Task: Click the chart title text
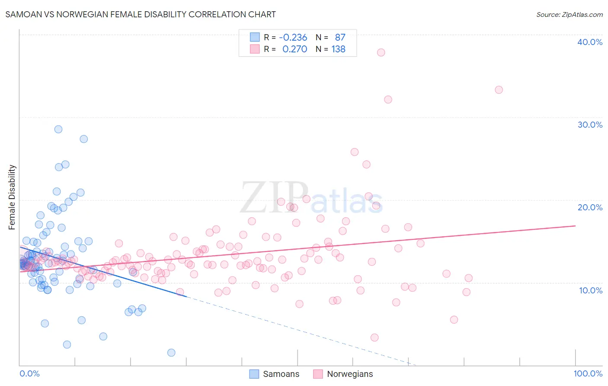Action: (141, 14)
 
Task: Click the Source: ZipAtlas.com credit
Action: (569, 14)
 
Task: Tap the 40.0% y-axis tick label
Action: (590, 42)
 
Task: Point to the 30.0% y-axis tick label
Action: (590, 125)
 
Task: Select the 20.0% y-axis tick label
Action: (590, 207)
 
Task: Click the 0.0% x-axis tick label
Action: (29, 373)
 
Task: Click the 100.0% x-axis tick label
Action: (588, 373)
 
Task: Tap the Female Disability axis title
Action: (12, 197)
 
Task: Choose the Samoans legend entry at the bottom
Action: (275, 374)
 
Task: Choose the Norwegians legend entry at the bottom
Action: (343, 374)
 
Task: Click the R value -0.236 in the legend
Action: (293, 37)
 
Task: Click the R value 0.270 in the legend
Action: (294, 49)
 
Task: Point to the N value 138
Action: (338, 49)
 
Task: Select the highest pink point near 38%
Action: (381, 52)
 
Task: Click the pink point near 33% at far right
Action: (499, 90)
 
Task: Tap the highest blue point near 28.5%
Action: (58, 129)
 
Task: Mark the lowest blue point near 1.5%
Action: (171, 353)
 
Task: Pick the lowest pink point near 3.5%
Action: (374, 338)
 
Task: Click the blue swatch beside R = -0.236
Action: (255, 37)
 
